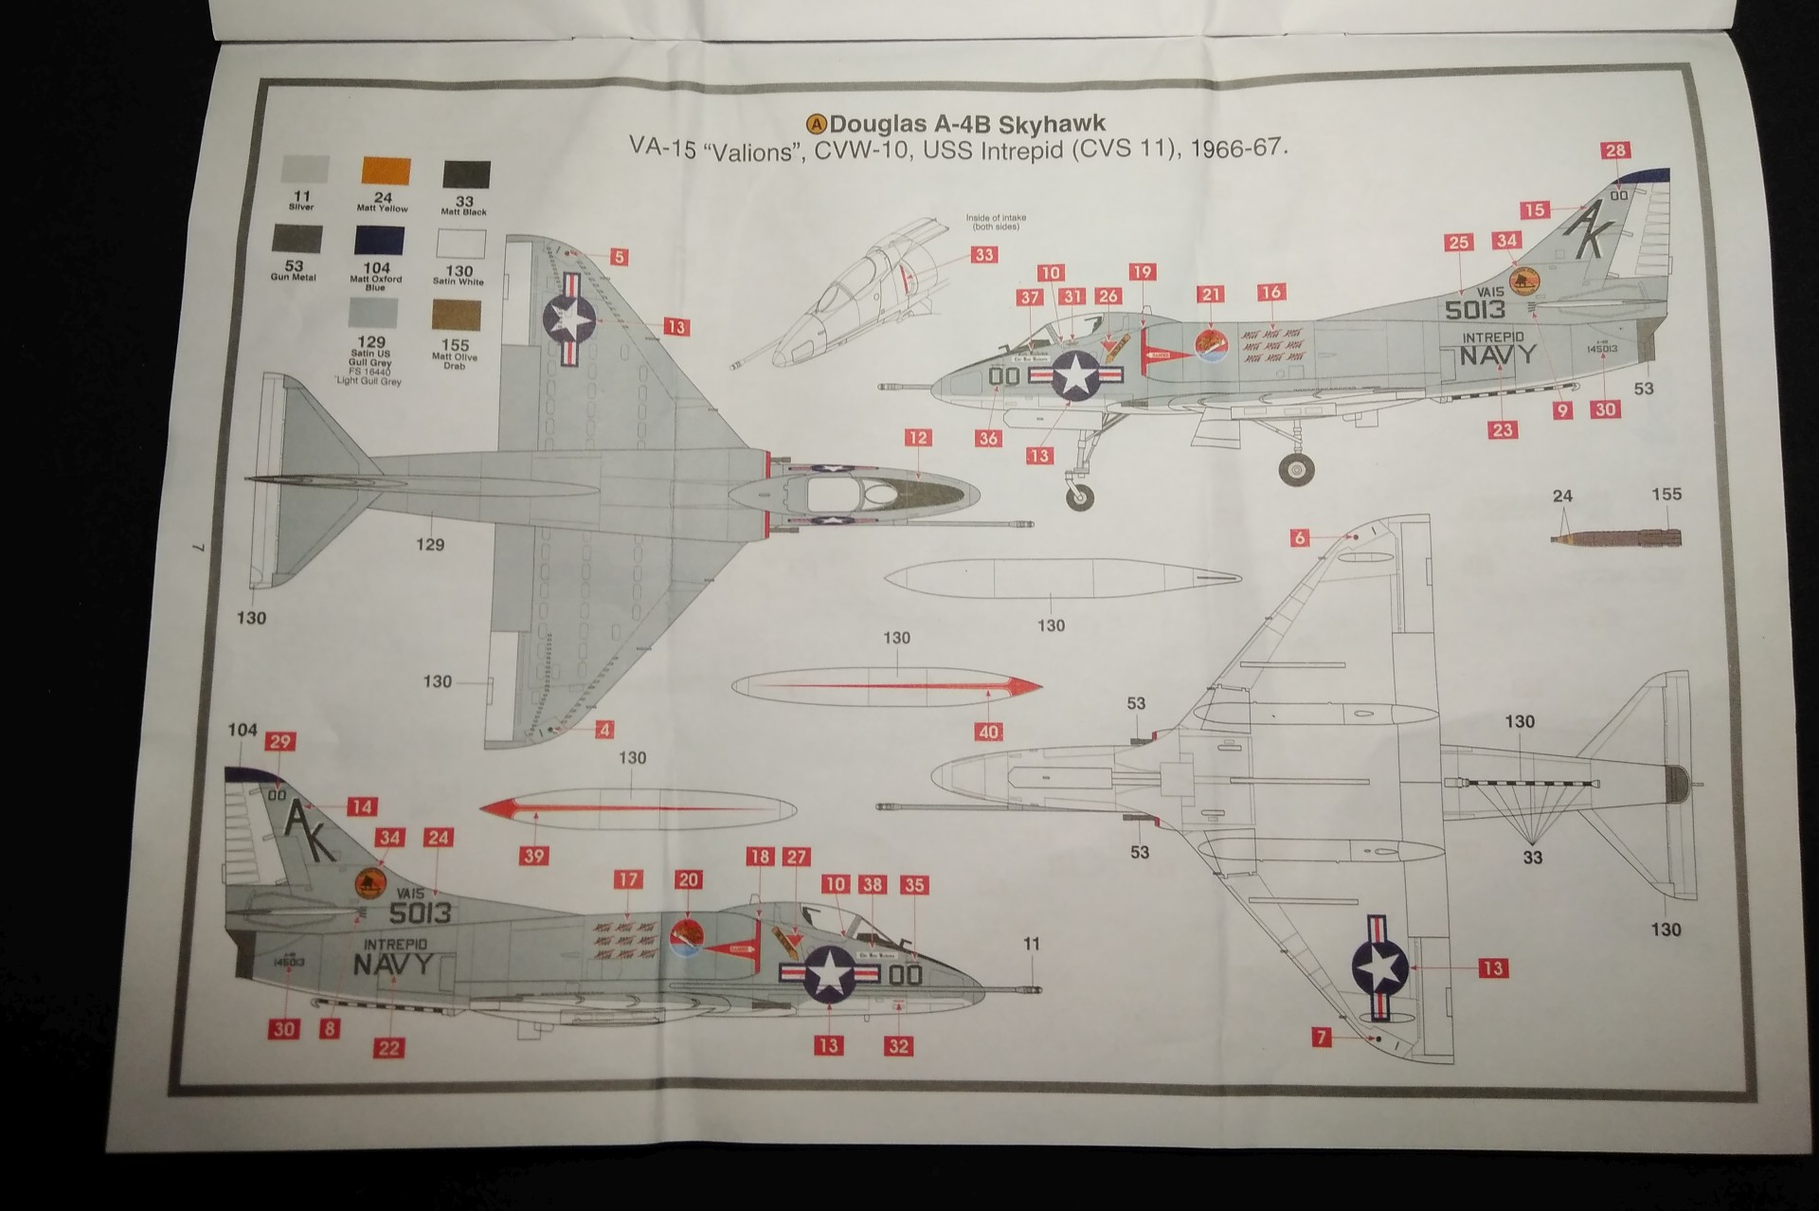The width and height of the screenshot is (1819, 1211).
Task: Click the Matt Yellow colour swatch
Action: coord(386,171)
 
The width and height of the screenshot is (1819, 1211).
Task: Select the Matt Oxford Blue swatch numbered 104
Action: coord(379,240)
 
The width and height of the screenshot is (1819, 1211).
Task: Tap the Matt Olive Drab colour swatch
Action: coord(457,316)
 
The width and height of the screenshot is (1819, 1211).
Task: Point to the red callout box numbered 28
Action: coord(1615,151)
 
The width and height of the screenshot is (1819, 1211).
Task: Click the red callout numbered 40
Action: coord(989,732)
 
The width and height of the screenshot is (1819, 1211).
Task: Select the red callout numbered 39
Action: coord(534,856)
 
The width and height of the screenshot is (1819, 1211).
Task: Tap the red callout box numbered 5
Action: coord(618,257)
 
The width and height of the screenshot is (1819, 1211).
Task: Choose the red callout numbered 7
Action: coord(1321,1038)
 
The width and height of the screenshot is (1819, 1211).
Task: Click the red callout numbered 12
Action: coord(917,438)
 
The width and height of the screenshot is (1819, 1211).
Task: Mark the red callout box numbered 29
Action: coord(279,742)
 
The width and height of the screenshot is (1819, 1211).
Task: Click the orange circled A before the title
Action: coord(816,124)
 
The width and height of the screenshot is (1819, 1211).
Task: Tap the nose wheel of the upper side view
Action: coord(1079,496)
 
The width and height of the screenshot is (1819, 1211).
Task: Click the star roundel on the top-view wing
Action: coord(566,319)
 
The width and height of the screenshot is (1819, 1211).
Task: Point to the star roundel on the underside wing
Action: coord(1379,966)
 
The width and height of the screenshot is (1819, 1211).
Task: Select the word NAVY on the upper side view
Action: coord(1497,355)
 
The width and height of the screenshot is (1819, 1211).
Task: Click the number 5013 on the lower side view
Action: coord(420,913)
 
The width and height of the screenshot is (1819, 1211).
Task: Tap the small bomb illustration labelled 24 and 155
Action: coord(1616,537)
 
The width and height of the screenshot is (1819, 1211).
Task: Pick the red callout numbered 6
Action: coord(1300,538)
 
